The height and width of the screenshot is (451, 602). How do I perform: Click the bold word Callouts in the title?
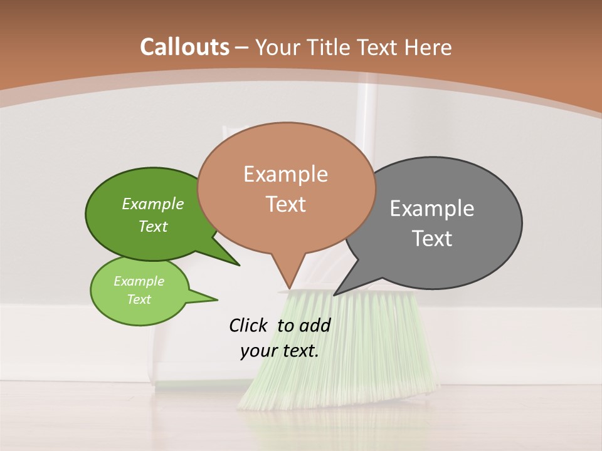[x=184, y=46]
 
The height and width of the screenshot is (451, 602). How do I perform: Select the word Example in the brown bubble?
[x=285, y=174]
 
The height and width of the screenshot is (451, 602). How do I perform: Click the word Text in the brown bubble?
[x=285, y=204]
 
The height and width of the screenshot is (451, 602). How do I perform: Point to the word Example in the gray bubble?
[x=431, y=208]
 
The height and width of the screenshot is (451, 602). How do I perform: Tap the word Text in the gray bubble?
[x=432, y=238]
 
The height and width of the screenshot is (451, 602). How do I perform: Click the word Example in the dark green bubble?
[x=152, y=204]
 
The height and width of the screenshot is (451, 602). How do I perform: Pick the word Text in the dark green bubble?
[x=152, y=226]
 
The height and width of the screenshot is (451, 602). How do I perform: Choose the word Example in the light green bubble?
[x=139, y=281]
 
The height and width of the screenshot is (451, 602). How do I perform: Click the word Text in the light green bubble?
[x=139, y=299]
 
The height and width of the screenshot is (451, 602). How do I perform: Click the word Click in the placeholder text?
[x=248, y=325]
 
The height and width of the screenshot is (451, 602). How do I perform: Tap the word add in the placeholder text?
[x=315, y=325]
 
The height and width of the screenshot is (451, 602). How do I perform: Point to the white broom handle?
[x=366, y=113]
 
